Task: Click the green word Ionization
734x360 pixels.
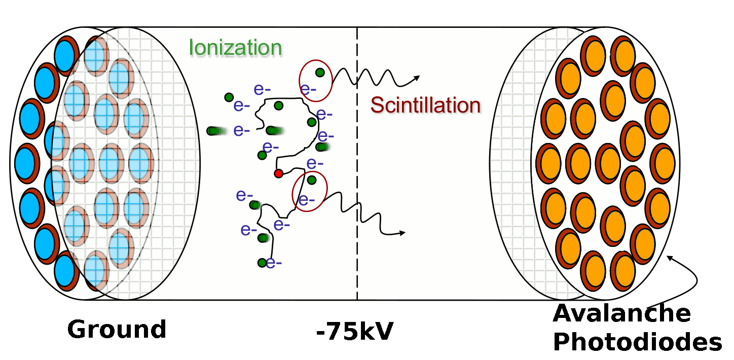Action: [235, 47]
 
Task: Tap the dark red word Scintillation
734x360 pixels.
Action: [425, 105]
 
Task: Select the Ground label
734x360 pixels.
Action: [117, 329]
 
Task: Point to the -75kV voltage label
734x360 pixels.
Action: [354, 332]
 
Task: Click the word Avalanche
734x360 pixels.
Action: [622, 313]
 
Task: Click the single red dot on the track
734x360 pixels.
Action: [278, 173]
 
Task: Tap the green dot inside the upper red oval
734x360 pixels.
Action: [320, 73]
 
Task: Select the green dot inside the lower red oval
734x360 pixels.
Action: [312, 179]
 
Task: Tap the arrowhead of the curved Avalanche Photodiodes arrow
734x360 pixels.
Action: [669, 257]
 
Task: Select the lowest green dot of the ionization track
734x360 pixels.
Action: [262, 263]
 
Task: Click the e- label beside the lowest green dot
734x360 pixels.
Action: [274, 263]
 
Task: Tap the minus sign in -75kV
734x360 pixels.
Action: [321, 334]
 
